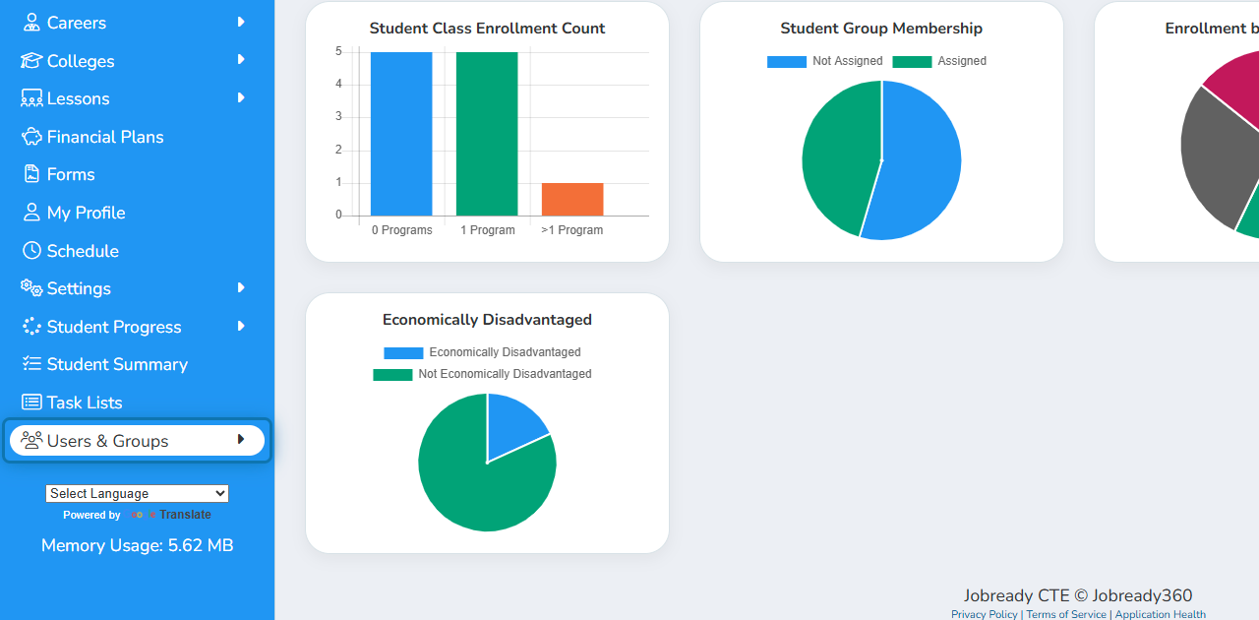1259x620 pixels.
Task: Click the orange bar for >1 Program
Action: click(572, 199)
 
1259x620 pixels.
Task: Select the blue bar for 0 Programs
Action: click(401, 134)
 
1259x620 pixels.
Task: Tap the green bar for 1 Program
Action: click(487, 134)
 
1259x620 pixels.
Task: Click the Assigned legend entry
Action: click(939, 61)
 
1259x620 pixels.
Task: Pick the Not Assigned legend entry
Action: click(824, 61)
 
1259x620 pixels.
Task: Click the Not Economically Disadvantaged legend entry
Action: click(482, 374)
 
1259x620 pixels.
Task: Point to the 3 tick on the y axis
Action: click(338, 116)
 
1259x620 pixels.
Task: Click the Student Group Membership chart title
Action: click(881, 29)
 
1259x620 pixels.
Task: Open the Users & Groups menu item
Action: click(137, 441)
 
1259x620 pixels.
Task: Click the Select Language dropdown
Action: click(137, 493)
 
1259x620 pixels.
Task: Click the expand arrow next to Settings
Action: click(241, 288)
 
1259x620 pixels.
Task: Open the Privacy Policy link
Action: click(985, 614)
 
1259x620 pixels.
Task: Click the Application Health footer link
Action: click(1160, 614)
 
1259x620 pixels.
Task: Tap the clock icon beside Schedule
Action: click(31, 250)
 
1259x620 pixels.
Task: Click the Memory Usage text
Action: click(137, 545)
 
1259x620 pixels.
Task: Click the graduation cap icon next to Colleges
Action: click(31, 60)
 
